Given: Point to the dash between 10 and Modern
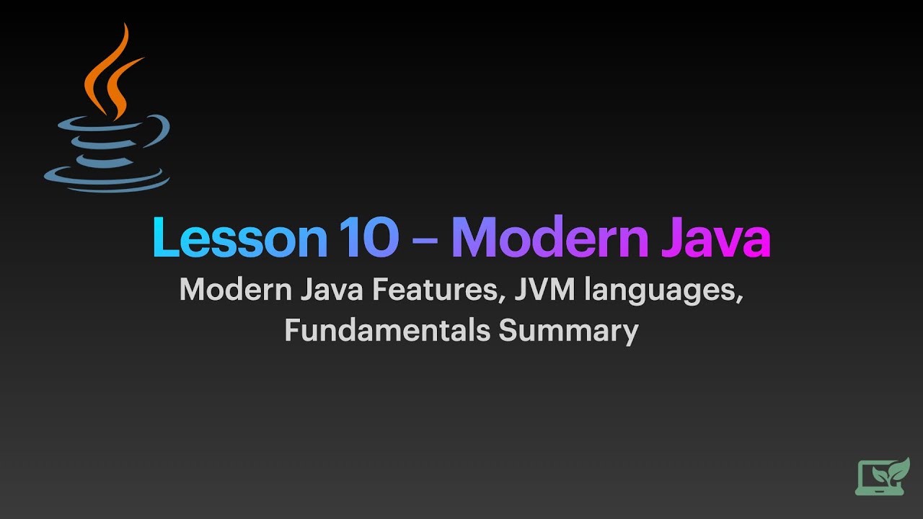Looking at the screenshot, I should [425, 241].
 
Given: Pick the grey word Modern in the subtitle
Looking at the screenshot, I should [236, 290].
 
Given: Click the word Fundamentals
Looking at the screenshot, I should [387, 331].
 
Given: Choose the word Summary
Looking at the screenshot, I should [569, 332].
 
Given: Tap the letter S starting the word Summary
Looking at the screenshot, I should [508, 331].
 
